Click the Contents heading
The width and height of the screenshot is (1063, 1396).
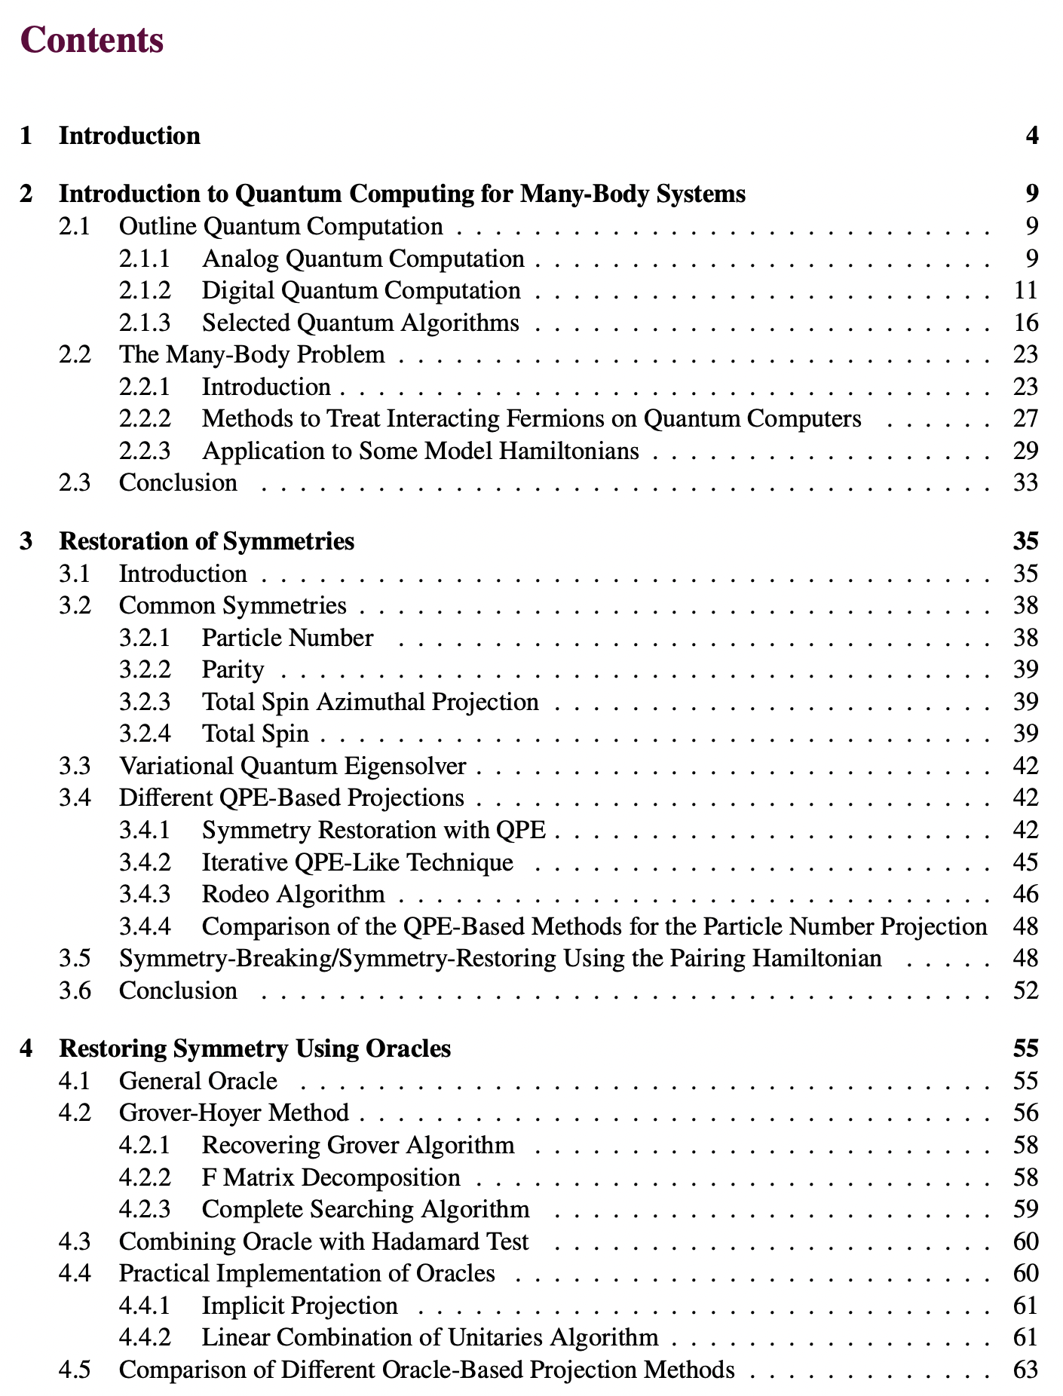tap(93, 40)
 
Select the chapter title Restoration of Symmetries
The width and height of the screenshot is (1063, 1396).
tap(207, 541)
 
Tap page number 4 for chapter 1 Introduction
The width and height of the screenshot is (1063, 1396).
tap(1031, 136)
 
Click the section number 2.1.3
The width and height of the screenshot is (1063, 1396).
tap(145, 323)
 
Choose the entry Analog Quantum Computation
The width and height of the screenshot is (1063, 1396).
tap(363, 259)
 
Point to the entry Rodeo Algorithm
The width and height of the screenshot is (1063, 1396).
tap(293, 894)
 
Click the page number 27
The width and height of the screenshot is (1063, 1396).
tap(1025, 418)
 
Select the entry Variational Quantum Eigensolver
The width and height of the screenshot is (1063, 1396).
tap(293, 766)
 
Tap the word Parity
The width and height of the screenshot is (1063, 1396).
tap(233, 669)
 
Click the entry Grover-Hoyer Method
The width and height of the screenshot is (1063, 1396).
tap(234, 1113)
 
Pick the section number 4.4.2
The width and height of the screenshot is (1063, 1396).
tap(145, 1337)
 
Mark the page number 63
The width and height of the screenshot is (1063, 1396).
tap(1025, 1369)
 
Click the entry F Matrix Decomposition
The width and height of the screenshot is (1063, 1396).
tap(331, 1177)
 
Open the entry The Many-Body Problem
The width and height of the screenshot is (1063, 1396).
tap(252, 354)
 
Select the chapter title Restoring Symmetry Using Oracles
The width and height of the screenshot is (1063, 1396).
tap(255, 1049)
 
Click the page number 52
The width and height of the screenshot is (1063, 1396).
tap(1025, 990)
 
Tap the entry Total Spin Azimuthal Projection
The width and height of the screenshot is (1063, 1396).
tap(370, 702)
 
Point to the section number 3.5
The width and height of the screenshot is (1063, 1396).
tap(75, 958)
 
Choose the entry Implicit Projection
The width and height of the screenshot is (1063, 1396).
tap(299, 1305)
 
